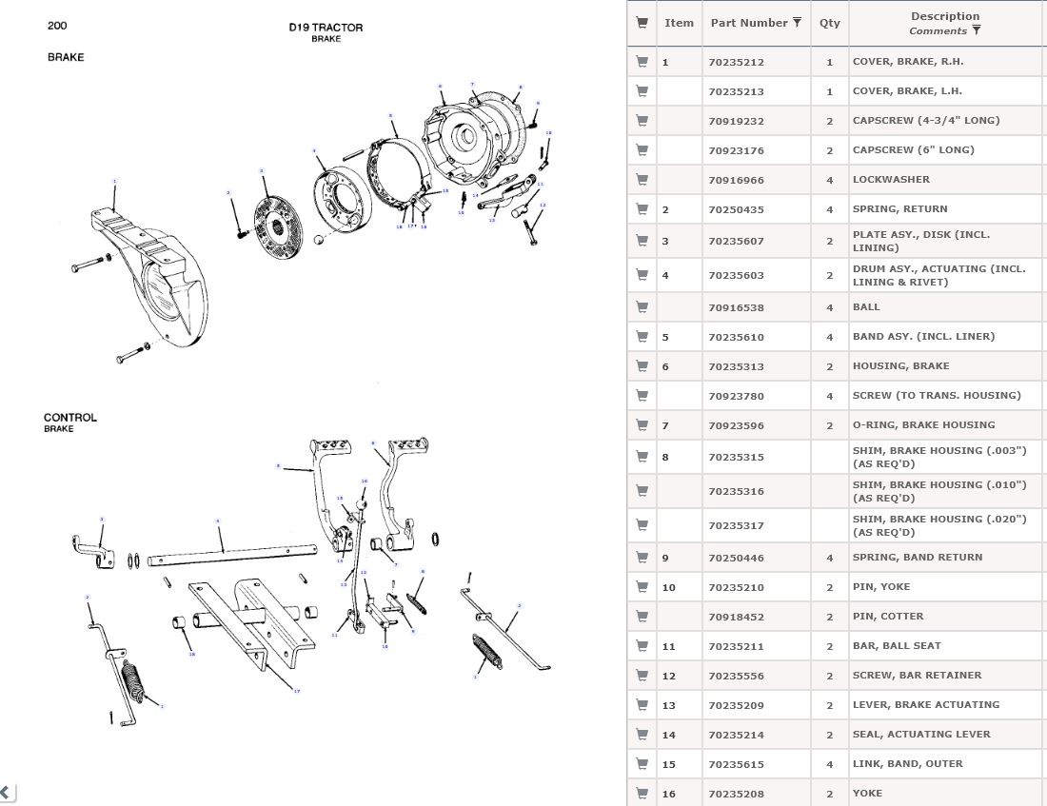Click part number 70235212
tap(736, 63)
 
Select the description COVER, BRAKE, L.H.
tap(907, 91)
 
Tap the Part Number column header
tap(749, 23)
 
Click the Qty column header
tap(830, 23)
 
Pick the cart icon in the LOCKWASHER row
tap(642, 180)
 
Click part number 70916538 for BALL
tap(736, 307)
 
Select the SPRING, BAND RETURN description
tap(917, 558)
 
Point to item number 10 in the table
tap(669, 588)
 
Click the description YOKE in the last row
tap(867, 794)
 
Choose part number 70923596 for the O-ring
tap(736, 425)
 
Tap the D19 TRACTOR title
tap(326, 28)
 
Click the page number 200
tap(57, 26)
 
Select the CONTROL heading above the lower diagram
tap(70, 418)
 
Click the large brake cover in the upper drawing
tap(152, 276)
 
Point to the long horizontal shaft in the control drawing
tap(228, 553)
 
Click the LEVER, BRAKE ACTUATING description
tap(925, 705)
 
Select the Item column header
tap(679, 23)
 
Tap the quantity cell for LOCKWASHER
tap(830, 180)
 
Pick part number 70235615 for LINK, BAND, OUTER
tap(736, 764)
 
